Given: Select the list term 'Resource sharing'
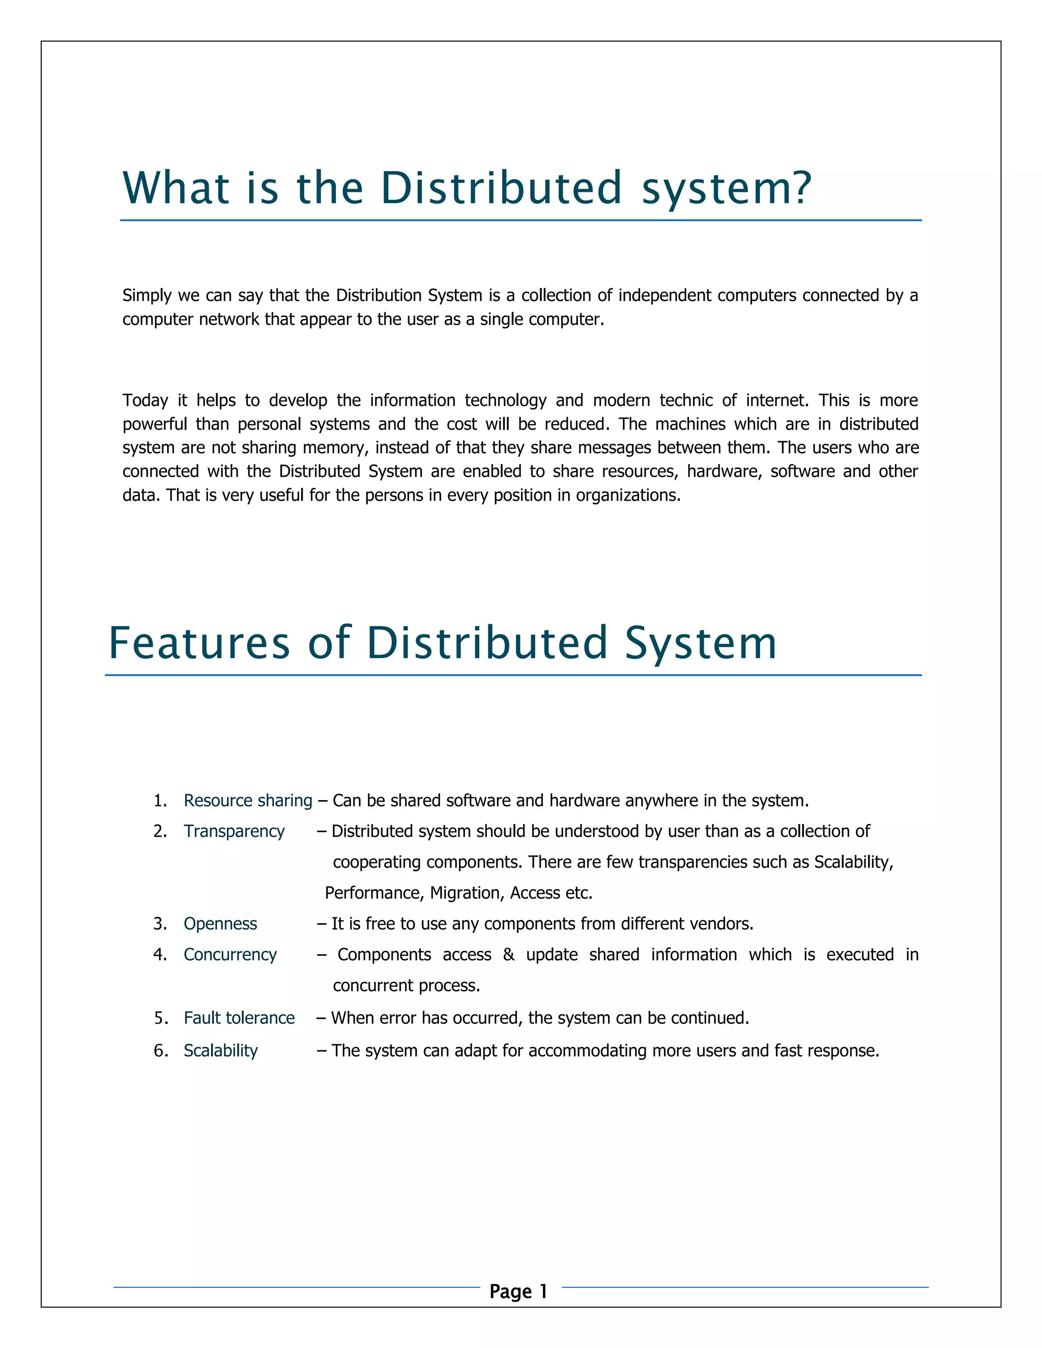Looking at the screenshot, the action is pyautogui.click(x=248, y=801).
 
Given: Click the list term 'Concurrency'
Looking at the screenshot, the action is pyautogui.click(x=230, y=955).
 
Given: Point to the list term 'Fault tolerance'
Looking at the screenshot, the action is pyautogui.click(x=239, y=1018).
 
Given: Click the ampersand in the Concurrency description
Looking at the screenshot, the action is pyautogui.click(x=509, y=955).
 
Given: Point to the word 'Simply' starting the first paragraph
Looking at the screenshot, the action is pyautogui.click(x=147, y=296).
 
